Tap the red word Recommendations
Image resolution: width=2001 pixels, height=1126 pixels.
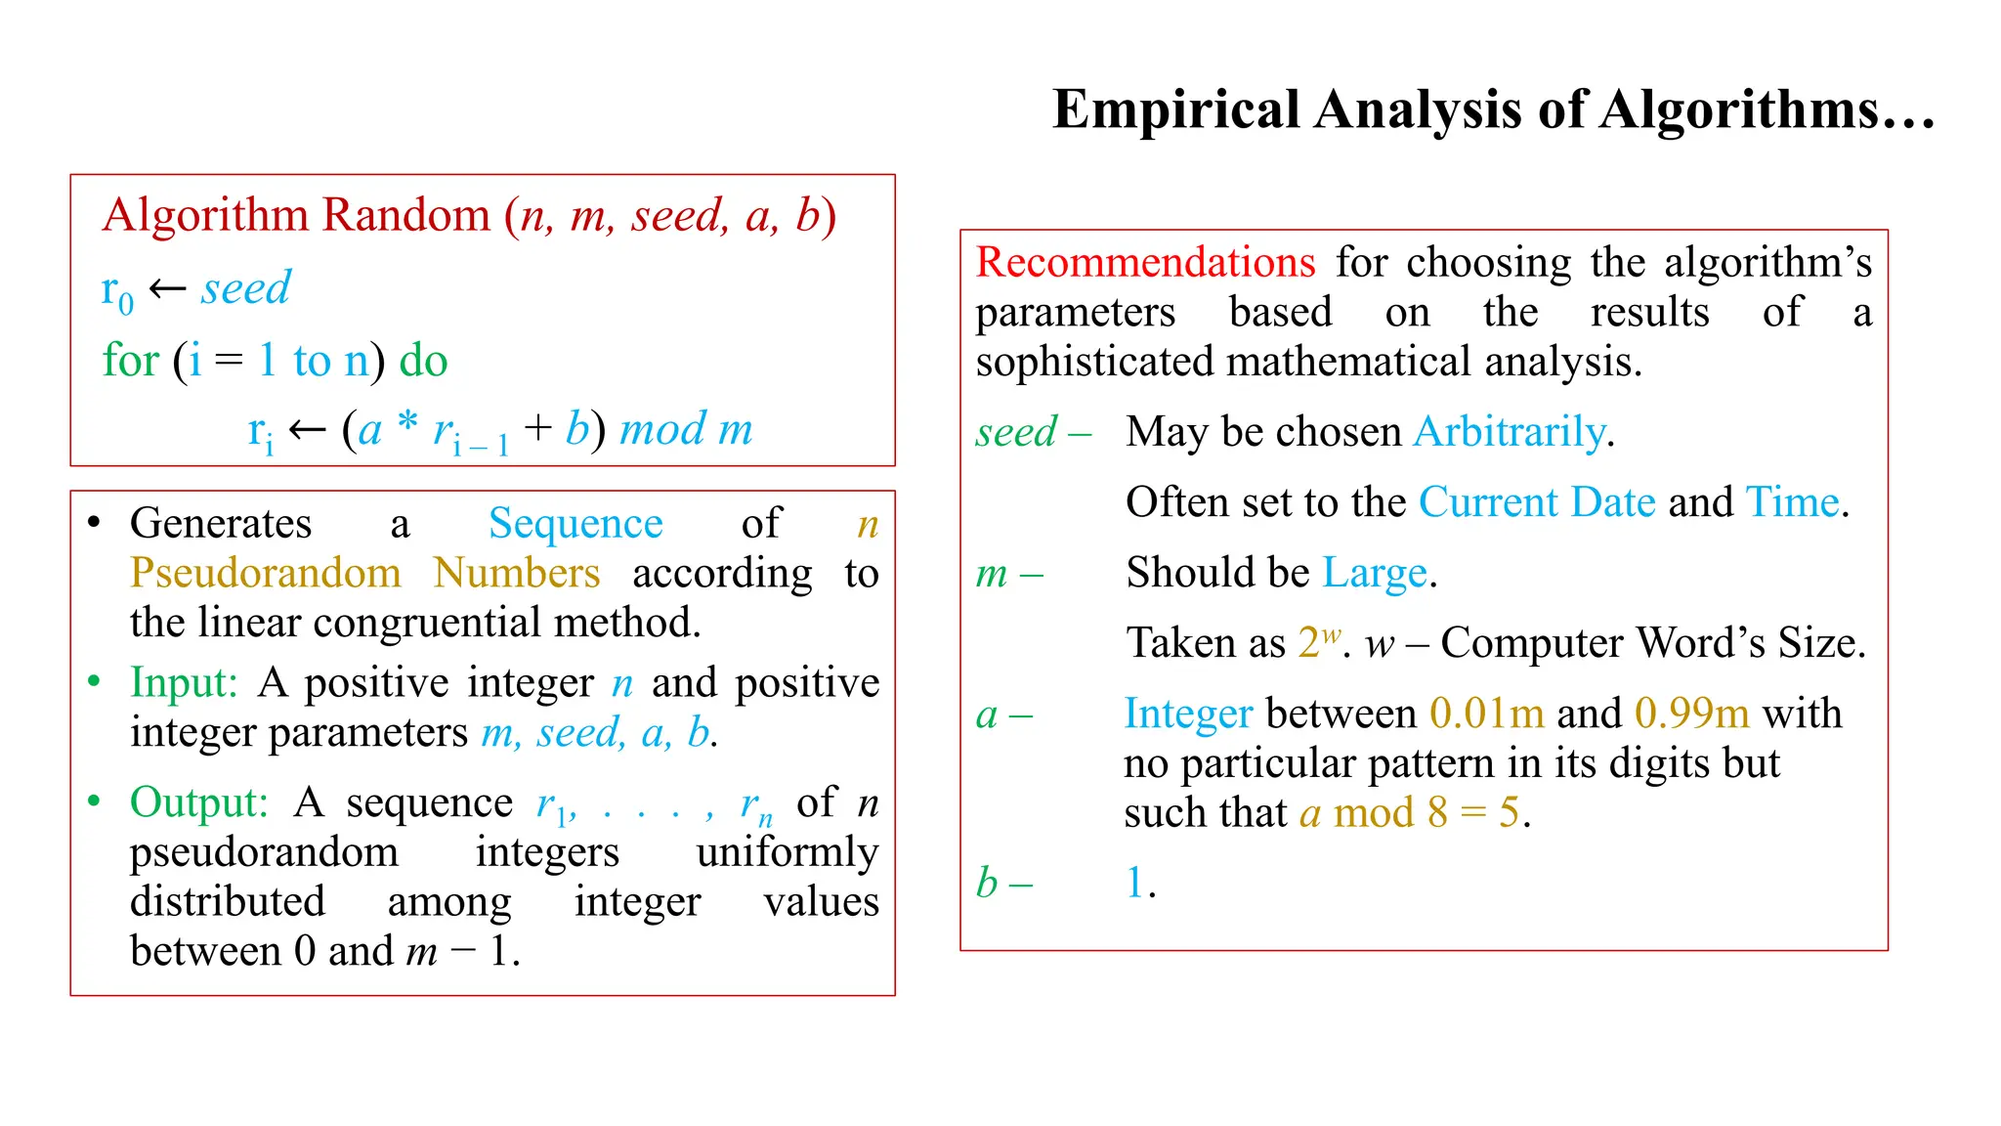1145,263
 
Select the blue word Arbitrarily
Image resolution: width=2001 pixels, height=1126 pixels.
1510,432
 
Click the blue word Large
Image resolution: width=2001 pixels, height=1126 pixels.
1374,574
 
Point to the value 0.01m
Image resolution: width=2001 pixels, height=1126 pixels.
1486,714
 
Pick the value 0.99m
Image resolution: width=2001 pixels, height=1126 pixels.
1691,714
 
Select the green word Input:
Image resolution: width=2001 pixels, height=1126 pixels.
184,682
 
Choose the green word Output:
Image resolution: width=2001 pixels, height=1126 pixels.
198,802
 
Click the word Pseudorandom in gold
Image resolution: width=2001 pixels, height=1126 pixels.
266,573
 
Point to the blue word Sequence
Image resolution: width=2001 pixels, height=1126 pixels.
575,524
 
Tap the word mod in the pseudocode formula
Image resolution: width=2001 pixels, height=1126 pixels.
662,429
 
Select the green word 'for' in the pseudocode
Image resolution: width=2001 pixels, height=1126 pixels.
130,361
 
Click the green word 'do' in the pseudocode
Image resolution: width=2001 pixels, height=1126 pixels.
423,361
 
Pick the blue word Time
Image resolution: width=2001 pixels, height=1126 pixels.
1792,502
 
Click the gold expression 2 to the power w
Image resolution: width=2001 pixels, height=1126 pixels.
1318,642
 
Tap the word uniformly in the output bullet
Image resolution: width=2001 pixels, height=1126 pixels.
787,852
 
